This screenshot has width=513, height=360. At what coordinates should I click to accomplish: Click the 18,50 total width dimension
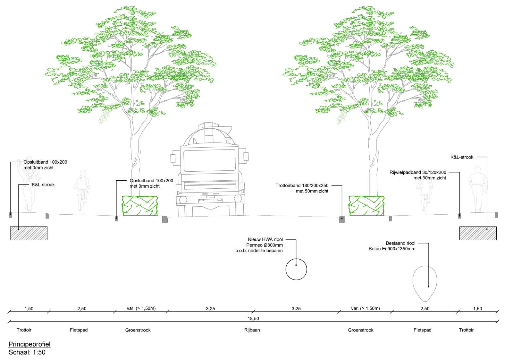click(253, 319)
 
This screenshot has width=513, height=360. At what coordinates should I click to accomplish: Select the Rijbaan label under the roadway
click(252, 330)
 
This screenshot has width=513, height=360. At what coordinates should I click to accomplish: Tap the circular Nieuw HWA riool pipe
click(296, 269)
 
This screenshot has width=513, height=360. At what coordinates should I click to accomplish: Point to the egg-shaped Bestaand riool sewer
click(425, 284)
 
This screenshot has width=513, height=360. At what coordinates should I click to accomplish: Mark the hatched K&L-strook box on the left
click(29, 233)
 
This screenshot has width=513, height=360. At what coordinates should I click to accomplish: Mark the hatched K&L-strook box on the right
click(478, 233)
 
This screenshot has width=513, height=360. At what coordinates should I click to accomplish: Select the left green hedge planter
click(140, 206)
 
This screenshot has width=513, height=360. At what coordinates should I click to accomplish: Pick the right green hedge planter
click(366, 206)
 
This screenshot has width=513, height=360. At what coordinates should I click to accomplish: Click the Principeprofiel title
click(29, 344)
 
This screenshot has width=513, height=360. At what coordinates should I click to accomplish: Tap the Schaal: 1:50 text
click(27, 352)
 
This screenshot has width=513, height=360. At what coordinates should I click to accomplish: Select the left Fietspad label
click(79, 330)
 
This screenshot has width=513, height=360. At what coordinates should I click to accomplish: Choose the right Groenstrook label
click(361, 330)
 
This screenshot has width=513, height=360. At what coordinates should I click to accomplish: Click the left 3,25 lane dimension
click(210, 309)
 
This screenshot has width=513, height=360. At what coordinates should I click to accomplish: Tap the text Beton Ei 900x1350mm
click(392, 249)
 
